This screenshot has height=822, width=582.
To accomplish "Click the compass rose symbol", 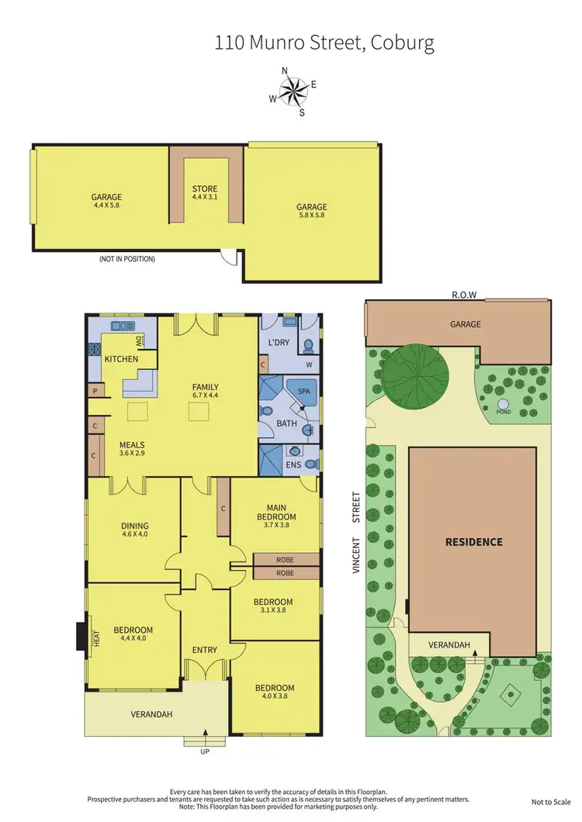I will [x=293, y=91].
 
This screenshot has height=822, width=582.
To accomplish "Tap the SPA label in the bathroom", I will [x=303, y=392].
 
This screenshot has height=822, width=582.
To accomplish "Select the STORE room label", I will [x=205, y=188].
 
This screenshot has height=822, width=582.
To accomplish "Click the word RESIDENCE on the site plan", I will [x=473, y=542].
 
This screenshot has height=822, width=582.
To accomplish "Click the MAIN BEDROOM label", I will [x=275, y=512].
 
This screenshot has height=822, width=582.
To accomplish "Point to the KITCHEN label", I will [x=122, y=359].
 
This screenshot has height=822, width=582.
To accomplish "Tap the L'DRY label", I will [x=279, y=342].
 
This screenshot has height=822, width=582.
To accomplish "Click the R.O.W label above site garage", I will [x=463, y=295].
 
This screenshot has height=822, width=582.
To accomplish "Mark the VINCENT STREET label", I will [x=357, y=531].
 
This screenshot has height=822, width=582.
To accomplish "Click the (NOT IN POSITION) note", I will [x=126, y=259].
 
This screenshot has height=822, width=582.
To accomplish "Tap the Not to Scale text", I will [x=551, y=802].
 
